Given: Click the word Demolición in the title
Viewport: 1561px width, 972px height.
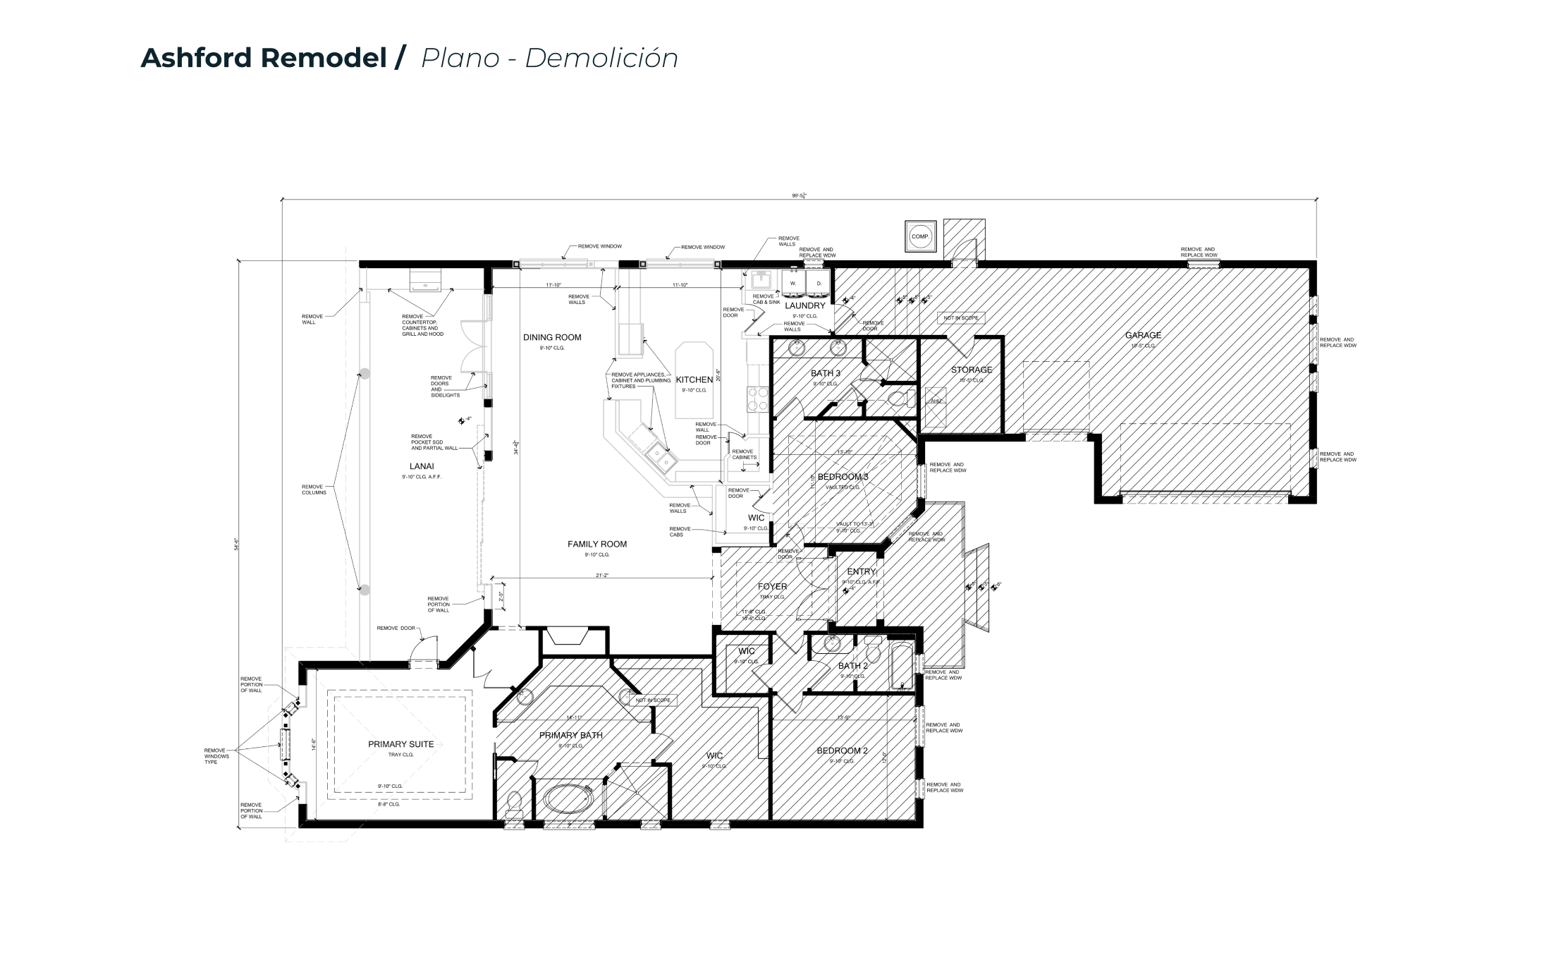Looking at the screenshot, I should [x=601, y=58].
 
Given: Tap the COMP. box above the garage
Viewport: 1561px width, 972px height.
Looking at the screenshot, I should [x=919, y=237].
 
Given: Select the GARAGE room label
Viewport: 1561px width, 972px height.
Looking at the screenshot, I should [x=1143, y=336].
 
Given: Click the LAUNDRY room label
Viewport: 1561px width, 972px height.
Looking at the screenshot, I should [x=804, y=306].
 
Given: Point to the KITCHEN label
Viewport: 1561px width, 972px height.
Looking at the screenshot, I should [x=694, y=380].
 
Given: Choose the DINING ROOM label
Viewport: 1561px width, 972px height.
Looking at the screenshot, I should [x=552, y=338].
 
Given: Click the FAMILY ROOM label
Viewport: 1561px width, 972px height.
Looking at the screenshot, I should [x=597, y=545].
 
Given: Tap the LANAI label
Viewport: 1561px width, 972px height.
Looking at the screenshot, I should [x=422, y=466].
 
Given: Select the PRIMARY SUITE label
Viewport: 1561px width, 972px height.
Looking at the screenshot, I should [x=400, y=744].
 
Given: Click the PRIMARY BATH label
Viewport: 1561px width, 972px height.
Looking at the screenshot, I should [x=570, y=736].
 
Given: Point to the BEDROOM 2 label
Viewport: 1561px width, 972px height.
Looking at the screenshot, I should [x=842, y=751].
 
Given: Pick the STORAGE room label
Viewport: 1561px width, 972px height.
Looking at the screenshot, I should [x=971, y=370].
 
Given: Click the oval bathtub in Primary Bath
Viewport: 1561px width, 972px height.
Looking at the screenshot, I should [x=568, y=801].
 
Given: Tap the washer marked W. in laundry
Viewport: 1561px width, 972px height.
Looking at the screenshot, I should [x=793, y=284].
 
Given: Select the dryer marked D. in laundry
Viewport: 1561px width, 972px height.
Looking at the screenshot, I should [x=819, y=284].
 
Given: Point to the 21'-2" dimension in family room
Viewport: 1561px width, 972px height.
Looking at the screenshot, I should [x=601, y=576].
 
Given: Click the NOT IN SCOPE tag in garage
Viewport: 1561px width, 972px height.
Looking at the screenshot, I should [x=961, y=318].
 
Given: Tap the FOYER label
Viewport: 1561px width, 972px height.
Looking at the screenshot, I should [x=772, y=587].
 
